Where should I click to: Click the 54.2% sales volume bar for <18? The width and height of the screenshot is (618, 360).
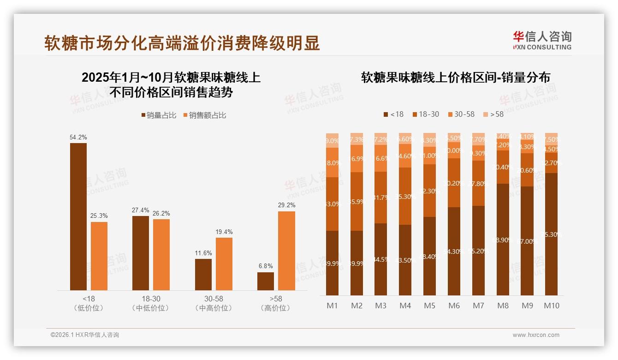[78, 216]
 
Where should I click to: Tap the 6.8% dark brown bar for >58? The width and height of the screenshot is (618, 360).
[266, 281]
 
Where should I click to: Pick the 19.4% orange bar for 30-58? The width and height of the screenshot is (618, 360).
[224, 264]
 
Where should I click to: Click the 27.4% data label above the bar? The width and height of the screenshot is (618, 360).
[141, 210]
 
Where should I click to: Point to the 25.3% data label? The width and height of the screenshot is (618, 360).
[99, 216]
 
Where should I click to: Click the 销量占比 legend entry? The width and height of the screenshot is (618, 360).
[159, 115]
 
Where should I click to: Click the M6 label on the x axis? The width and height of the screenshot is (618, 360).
[454, 306]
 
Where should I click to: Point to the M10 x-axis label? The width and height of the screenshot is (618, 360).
[551, 306]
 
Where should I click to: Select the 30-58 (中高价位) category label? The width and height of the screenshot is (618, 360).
[214, 303]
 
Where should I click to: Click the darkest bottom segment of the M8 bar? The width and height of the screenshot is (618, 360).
[503, 240]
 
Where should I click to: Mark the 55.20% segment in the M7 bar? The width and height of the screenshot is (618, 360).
[478, 251]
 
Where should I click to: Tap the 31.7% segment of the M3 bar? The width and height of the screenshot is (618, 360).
[380, 198]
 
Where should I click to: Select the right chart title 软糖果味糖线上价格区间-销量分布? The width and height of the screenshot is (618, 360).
[456, 78]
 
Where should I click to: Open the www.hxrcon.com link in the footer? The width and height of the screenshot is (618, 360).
[536, 335]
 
